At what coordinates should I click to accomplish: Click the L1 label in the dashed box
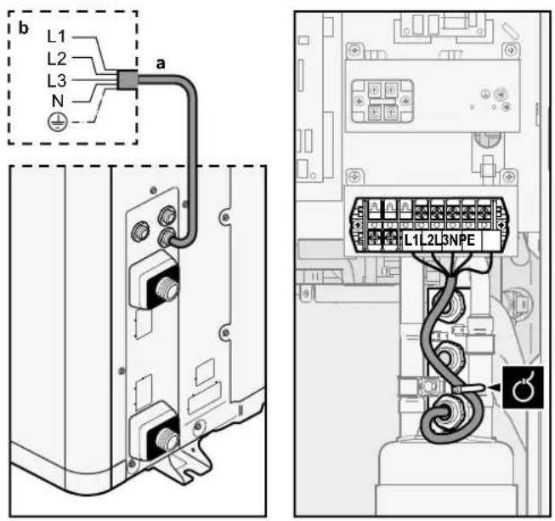(57, 37)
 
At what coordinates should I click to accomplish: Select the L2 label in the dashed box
(57, 59)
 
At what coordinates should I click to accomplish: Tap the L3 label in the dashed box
(57, 81)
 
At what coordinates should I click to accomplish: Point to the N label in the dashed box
(58, 101)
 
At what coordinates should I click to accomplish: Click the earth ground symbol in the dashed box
(57, 123)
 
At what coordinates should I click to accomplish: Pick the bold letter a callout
(161, 64)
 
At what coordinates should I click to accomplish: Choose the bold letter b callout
(23, 28)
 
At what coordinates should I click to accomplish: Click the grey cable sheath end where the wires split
(127, 79)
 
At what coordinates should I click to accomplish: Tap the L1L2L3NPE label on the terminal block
(439, 240)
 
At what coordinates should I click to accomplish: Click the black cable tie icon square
(523, 387)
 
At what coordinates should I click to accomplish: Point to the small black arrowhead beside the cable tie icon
(496, 389)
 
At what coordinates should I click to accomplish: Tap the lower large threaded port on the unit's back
(167, 439)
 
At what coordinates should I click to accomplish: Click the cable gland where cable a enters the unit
(166, 238)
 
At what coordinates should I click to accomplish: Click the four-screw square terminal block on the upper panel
(382, 100)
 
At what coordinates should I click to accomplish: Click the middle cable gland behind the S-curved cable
(450, 357)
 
